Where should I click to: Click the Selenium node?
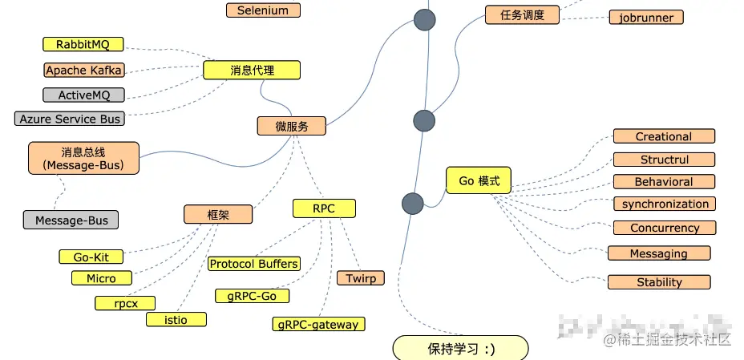coord(262,10)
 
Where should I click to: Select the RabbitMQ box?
coord(83,45)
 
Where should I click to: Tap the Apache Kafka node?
coord(83,71)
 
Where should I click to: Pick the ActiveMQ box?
coord(83,95)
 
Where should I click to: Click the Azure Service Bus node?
coord(70,119)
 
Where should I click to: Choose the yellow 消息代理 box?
coord(252,71)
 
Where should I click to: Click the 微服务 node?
coord(291,126)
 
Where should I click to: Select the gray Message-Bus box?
coord(71,220)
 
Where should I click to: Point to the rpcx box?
coord(124,303)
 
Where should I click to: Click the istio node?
coord(176,319)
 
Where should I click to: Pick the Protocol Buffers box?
coord(253,263)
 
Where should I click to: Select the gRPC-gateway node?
coord(318,325)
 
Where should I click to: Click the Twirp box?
coord(361,278)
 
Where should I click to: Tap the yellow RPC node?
coord(324,208)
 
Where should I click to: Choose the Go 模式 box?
coord(479,181)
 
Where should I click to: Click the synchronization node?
coord(665,204)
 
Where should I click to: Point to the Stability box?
coord(659,282)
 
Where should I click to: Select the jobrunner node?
coord(646,18)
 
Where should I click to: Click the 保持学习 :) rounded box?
coord(460,349)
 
